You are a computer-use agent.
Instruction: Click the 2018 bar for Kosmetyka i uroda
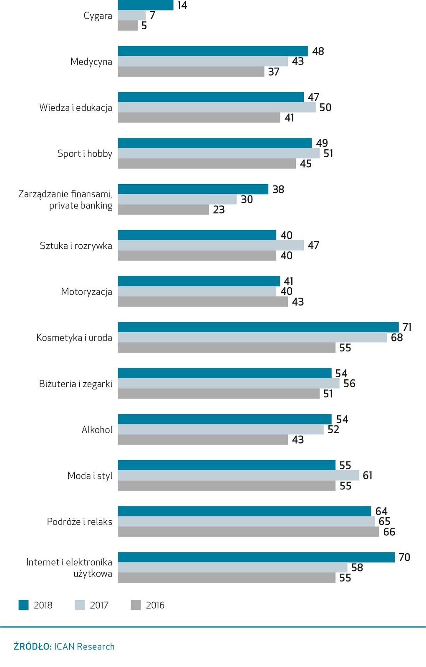pyautogui.click(x=258, y=327)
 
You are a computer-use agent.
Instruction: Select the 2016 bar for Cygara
pyautogui.click(x=128, y=26)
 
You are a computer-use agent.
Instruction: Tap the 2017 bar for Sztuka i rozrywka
pyautogui.click(x=211, y=245)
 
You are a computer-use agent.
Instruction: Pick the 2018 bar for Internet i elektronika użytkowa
pyautogui.click(x=256, y=557)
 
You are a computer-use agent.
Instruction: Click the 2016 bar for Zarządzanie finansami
pyautogui.click(x=163, y=210)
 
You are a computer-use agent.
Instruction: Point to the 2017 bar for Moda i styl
pyautogui.click(x=238, y=475)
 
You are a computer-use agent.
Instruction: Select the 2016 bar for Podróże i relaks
pyautogui.click(x=248, y=532)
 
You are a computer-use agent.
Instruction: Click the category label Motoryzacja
pyautogui.click(x=86, y=291)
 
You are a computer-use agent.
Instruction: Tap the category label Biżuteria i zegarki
pyautogui.click(x=76, y=384)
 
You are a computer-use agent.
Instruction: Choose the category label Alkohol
pyautogui.click(x=97, y=430)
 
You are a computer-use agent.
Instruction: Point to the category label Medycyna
pyautogui.click(x=91, y=62)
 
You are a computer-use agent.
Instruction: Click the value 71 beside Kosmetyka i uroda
pyautogui.click(x=407, y=327)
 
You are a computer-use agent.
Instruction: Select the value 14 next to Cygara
pyautogui.click(x=182, y=5)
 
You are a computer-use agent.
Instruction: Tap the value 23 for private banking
pyautogui.click(x=219, y=210)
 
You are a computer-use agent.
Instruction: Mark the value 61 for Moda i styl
pyautogui.click(x=367, y=475)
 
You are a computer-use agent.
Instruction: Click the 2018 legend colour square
pyautogui.click(x=23, y=605)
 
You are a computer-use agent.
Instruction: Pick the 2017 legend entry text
pyautogui.click(x=99, y=605)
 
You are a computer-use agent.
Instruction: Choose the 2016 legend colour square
pyautogui.click(x=136, y=605)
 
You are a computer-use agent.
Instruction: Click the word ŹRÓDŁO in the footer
pyautogui.click(x=33, y=647)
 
